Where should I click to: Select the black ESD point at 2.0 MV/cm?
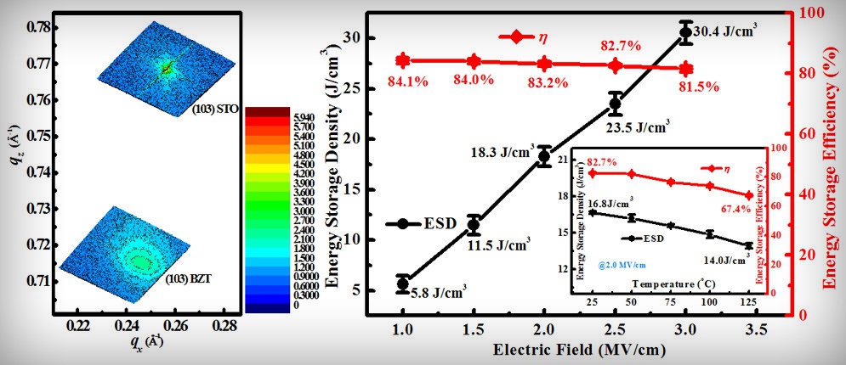point(544,156)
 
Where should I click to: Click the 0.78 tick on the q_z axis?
point(39,27)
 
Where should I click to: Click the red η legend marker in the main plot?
point(516,36)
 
